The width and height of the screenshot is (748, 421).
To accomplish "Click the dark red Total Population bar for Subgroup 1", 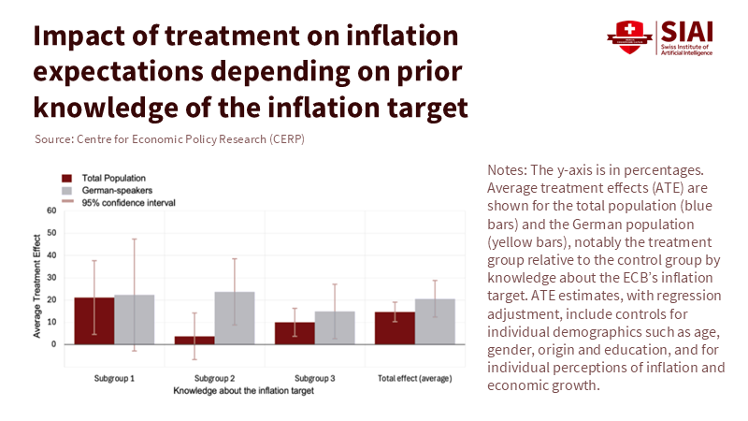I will tap(94, 321).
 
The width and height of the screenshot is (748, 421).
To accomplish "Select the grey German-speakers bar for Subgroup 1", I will tap(135, 319).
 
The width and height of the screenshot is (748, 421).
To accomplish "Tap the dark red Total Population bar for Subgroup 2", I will tap(194, 340).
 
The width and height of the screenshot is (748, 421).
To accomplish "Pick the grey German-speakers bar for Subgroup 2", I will tap(235, 318).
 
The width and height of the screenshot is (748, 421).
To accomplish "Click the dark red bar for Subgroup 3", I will tap(295, 333).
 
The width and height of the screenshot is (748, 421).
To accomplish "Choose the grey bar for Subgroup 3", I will tap(335, 327).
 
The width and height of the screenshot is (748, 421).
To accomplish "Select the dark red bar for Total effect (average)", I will tap(395, 328).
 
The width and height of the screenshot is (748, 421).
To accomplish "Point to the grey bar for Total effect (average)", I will tap(435, 322).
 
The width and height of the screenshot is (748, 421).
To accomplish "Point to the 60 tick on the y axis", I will tap(51, 210).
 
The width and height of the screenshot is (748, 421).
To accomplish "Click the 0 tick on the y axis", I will tap(53, 344).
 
